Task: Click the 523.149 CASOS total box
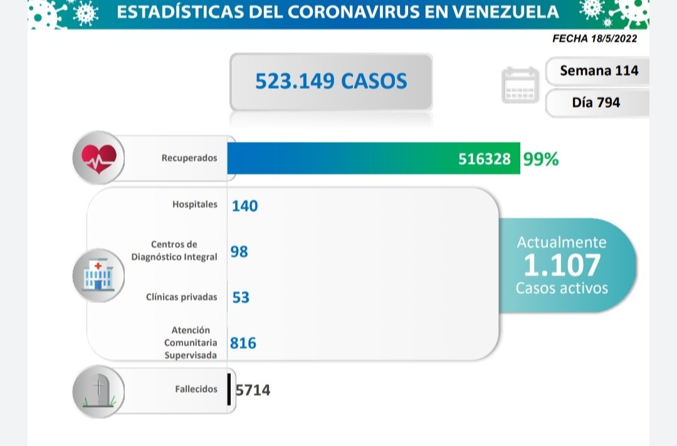[x=331, y=81]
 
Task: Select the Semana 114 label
[x=599, y=71]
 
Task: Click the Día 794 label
[x=596, y=102]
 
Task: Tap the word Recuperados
[x=189, y=158]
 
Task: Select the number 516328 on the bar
[x=484, y=159]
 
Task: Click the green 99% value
[x=541, y=159]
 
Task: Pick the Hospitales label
[x=194, y=204]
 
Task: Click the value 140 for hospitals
[x=244, y=205]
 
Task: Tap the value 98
[x=239, y=252]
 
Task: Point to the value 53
[x=241, y=297]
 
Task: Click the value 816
[x=243, y=343]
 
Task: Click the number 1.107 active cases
[x=562, y=265]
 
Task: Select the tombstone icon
[x=98, y=391]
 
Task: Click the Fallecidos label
[x=196, y=389]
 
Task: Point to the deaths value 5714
[x=253, y=390]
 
